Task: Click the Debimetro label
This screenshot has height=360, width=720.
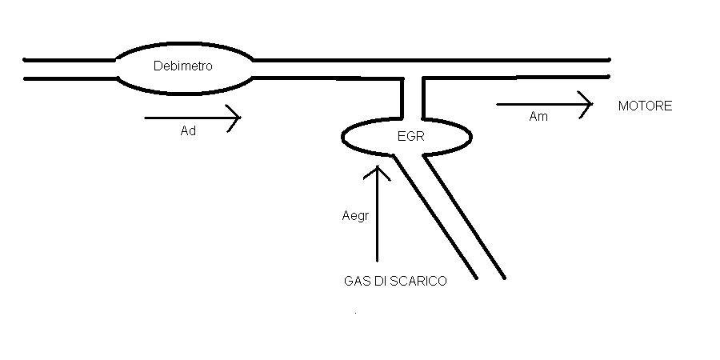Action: click(x=182, y=66)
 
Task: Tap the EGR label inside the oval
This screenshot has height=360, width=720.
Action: click(x=410, y=136)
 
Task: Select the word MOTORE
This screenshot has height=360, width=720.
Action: click(x=645, y=106)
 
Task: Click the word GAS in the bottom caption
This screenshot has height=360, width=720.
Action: click(x=355, y=281)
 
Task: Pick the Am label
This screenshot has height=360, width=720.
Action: click(x=538, y=117)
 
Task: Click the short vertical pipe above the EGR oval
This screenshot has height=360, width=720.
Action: click(x=411, y=99)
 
